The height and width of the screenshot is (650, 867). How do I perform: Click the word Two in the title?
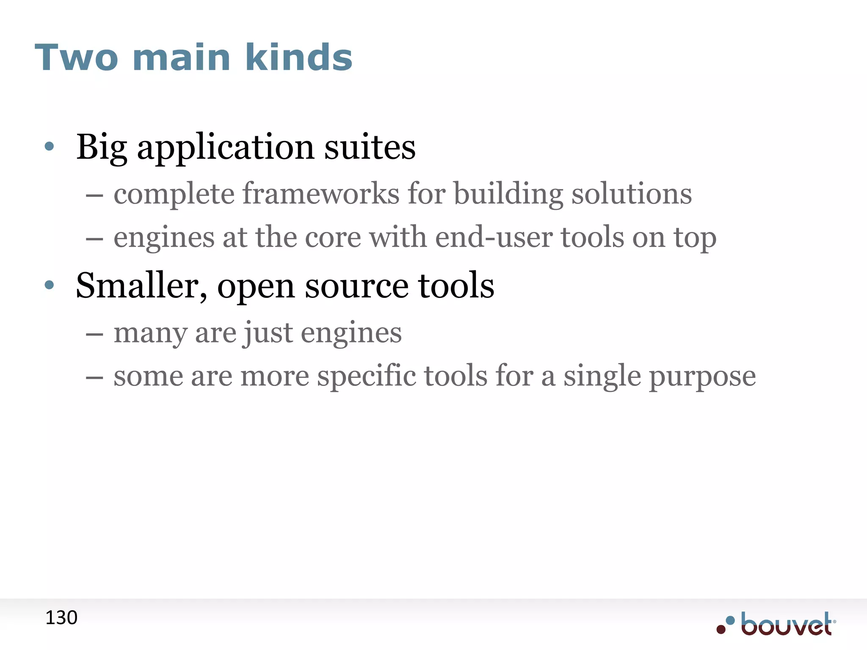point(76,58)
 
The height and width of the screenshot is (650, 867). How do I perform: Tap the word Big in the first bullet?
point(102,147)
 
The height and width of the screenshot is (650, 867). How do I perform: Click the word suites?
point(370,147)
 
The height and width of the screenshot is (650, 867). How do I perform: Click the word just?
point(268,333)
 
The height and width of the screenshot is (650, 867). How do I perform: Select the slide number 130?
point(61,618)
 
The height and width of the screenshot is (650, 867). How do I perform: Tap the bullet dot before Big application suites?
point(50,146)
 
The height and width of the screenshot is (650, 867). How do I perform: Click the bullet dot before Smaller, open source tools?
point(50,285)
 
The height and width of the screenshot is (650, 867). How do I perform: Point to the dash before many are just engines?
point(94,334)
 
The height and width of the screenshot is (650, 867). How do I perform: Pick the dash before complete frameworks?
point(94,196)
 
